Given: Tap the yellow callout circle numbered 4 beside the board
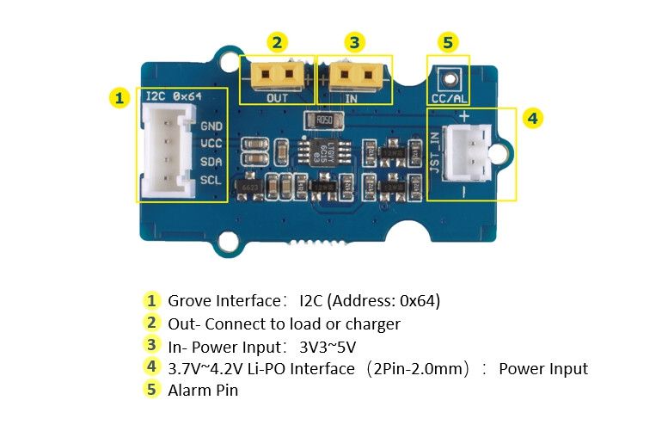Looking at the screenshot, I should tap(533, 118).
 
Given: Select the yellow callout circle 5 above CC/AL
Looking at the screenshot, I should tap(448, 41).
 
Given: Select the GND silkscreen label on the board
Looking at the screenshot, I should tap(211, 126).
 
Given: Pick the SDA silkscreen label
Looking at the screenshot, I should tap(211, 162).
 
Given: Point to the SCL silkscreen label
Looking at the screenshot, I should tap(211, 180).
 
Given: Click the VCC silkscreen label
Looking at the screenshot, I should tap(211, 144).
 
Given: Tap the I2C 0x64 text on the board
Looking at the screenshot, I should tap(174, 96).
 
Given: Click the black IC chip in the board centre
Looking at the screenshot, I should tap(325, 150).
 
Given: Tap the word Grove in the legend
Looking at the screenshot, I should tap(187, 301).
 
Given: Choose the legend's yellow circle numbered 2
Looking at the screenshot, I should tap(151, 323).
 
